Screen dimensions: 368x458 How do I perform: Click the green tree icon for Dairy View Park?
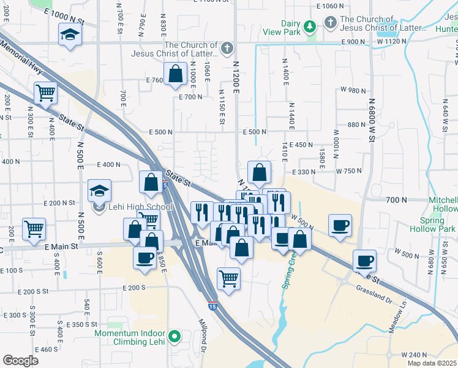point(310,26)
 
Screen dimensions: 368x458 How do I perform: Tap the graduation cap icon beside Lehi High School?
point(99,190)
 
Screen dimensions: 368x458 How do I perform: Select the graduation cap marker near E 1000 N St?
point(69,35)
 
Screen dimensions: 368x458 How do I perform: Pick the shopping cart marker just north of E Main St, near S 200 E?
point(34,229)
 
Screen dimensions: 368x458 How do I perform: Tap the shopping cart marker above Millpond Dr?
point(228,278)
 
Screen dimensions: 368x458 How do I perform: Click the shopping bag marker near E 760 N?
point(175,74)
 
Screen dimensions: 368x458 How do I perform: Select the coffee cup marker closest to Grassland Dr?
point(364,261)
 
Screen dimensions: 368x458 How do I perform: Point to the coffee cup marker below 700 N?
point(340,225)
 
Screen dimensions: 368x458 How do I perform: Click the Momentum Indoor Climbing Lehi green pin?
point(175,335)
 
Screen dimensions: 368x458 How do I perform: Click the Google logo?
point(20,361)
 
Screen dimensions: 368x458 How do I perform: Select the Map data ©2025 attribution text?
point(432,363)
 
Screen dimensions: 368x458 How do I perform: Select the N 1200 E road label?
point(236,80)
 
